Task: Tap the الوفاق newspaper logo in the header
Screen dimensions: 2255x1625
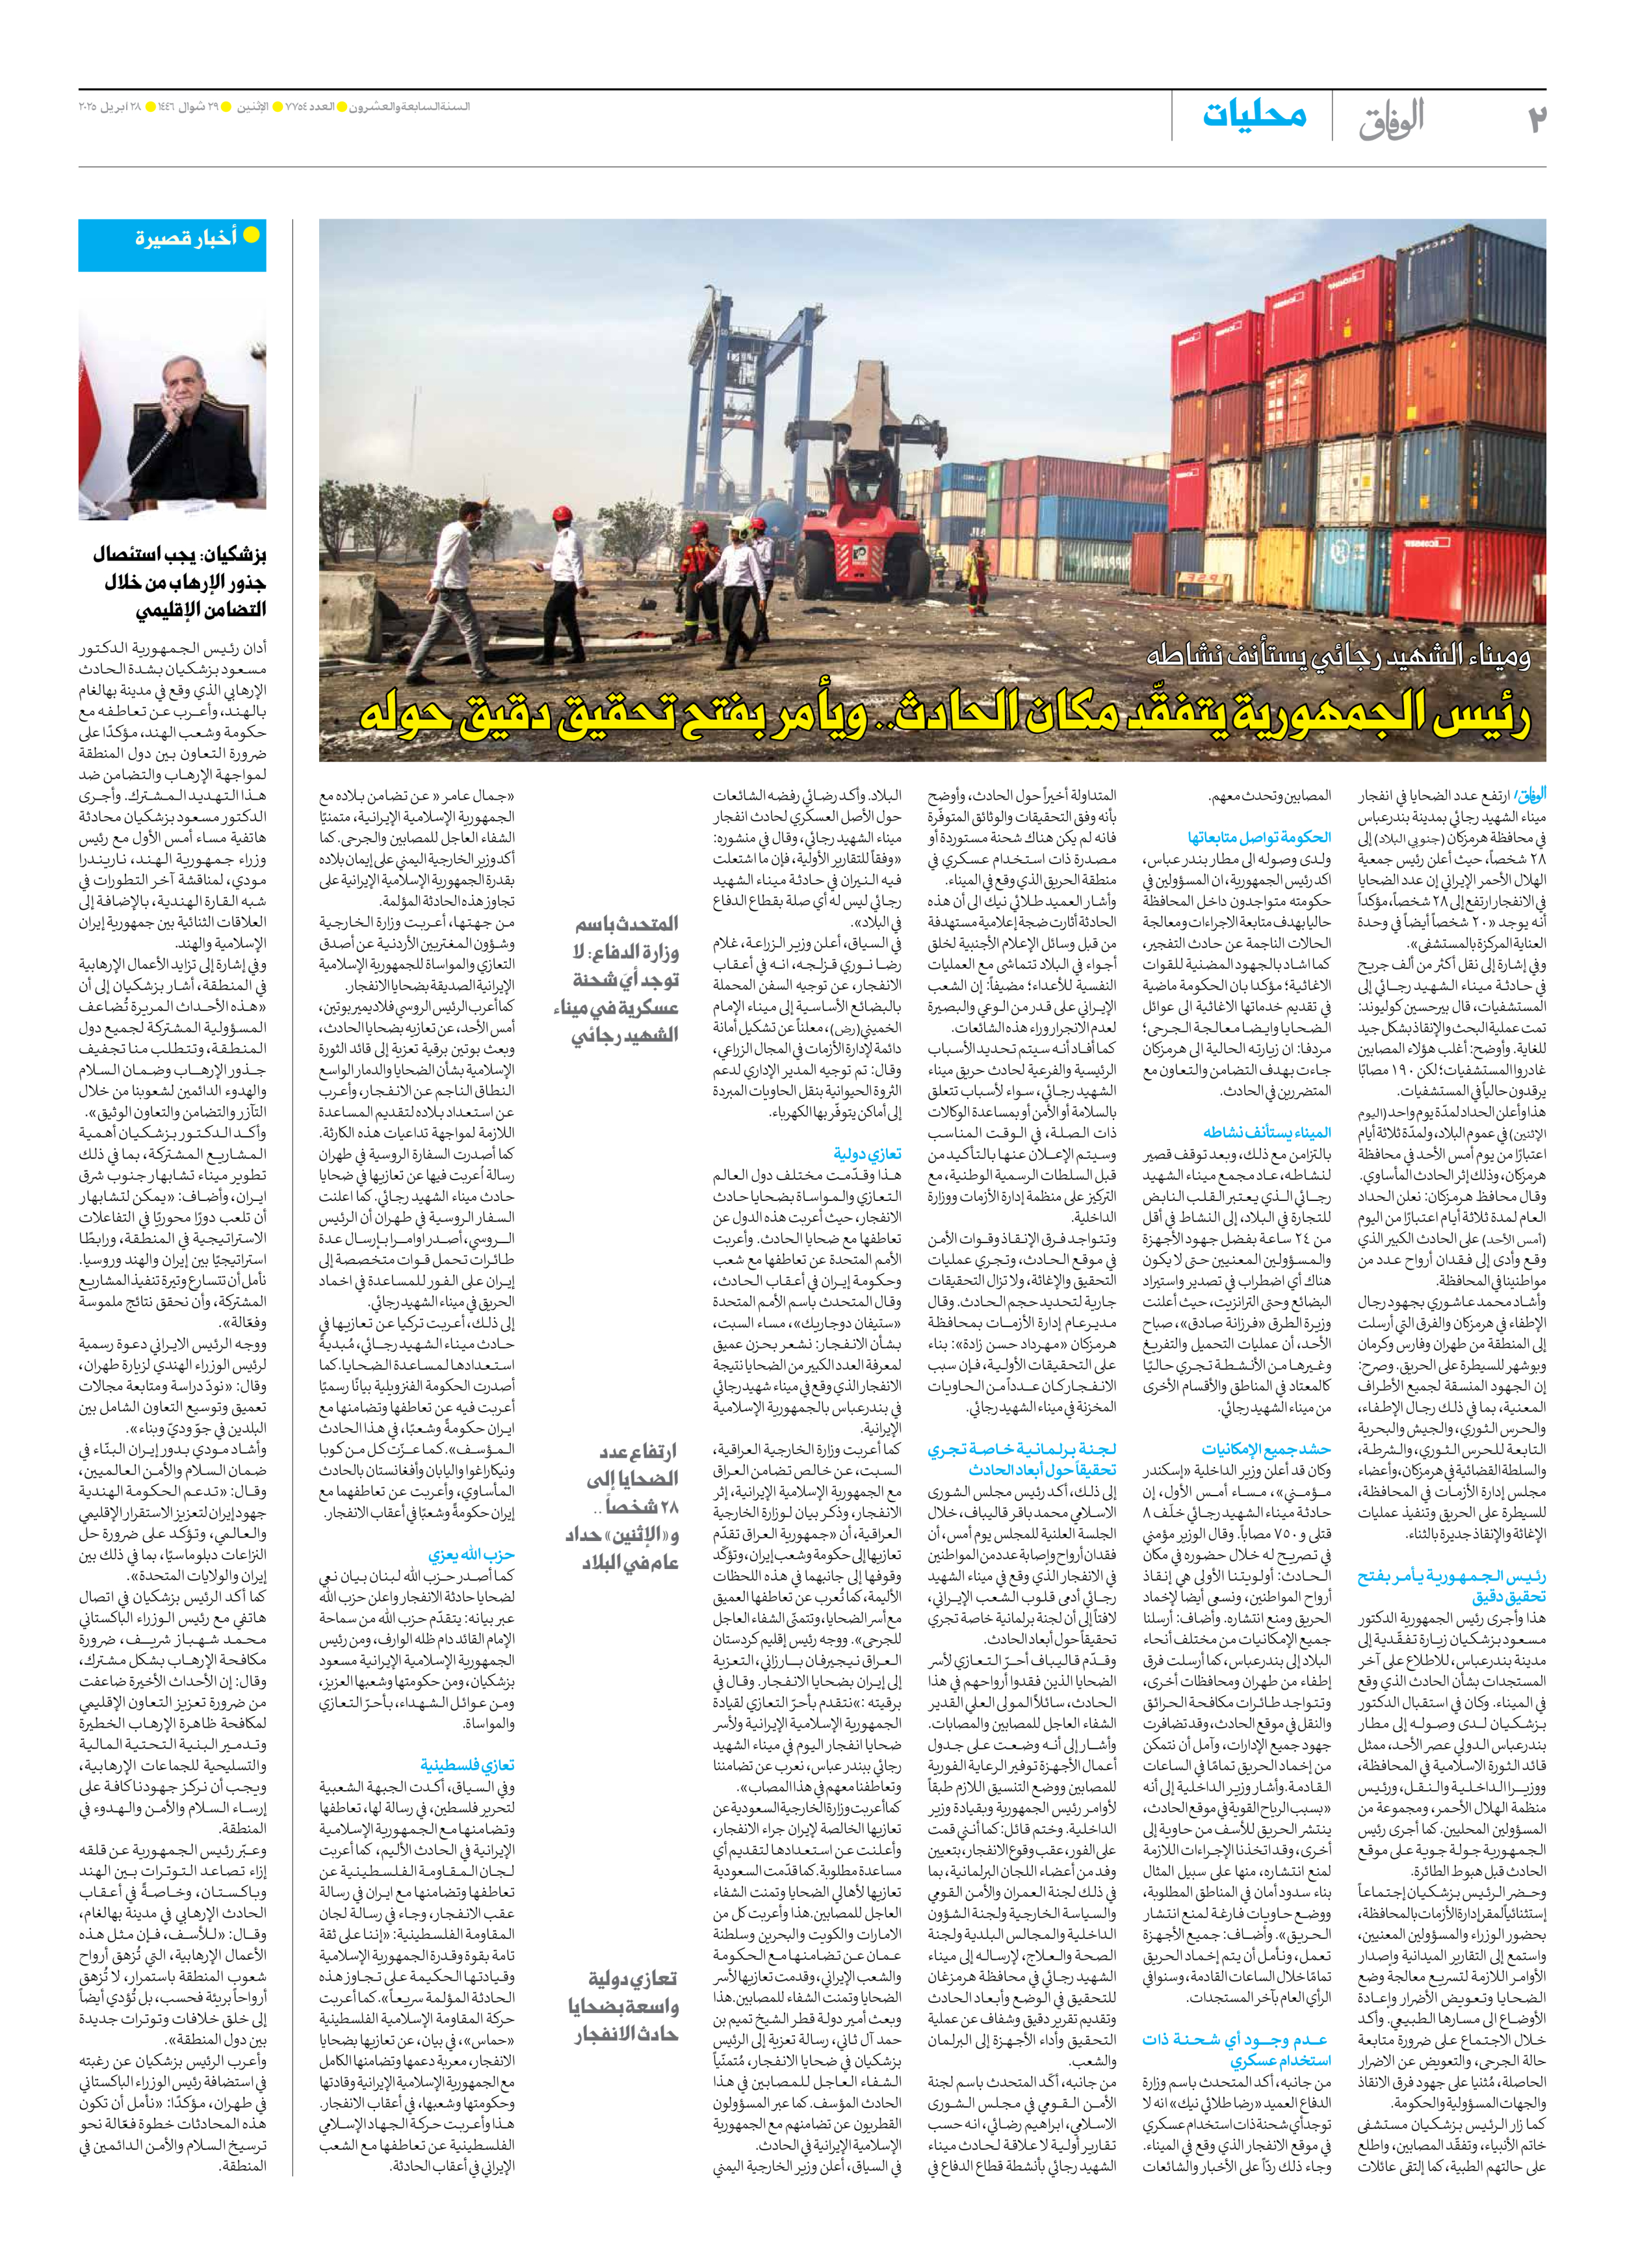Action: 1392,119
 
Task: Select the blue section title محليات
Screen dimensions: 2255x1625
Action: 1254,115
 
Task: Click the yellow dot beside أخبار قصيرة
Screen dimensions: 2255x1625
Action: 252,235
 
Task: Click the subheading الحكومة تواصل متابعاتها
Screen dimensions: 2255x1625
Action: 1258,837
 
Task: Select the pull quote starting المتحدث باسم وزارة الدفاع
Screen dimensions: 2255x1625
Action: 621,979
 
